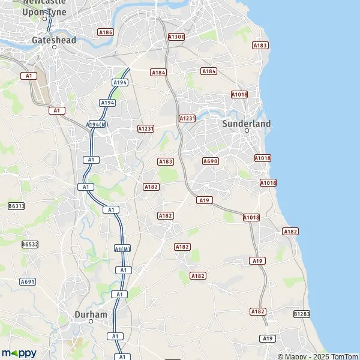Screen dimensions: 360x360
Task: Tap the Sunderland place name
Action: [x=247, y=124]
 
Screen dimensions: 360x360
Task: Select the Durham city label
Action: [x=91, y=314]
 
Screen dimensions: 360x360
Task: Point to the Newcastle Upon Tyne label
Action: [x=44, y=7]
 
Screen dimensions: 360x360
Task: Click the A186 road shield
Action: [x=106, y=32]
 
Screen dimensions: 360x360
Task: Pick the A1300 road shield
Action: [x=176, y=37]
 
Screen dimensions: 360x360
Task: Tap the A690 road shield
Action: [x=210, y=161]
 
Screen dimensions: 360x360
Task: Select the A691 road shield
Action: [x=28, y=281]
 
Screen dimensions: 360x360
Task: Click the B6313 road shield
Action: [x=16, y=206]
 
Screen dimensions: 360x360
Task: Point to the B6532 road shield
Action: [x=29, y=244]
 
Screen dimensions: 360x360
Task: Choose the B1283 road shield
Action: [x=302, y=314]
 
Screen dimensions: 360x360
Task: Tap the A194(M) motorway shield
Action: [x=97, y=124]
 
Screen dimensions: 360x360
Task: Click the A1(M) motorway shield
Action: [x=122, y=248]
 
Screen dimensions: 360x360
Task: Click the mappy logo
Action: [x=19, y=353]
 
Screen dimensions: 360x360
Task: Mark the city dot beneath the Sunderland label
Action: [x=247, y=130]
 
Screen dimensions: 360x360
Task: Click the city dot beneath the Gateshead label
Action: [x=53, y=46]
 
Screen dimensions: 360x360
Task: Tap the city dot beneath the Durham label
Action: [x=91, y=321]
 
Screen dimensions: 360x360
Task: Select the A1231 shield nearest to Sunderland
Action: [x=187, y=118]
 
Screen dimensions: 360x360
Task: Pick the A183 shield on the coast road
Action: [x=260, y=45]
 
